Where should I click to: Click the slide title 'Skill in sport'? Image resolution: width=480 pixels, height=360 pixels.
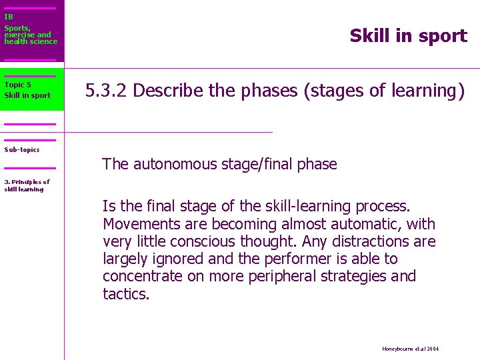[408, 36]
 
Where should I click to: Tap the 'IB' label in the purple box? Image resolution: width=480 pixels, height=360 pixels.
[9, 17]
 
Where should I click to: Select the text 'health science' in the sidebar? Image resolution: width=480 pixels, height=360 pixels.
[31, 42]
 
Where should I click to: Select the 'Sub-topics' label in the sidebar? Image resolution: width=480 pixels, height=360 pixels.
[22, 150]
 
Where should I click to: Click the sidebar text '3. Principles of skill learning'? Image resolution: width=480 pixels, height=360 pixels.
[27, 185]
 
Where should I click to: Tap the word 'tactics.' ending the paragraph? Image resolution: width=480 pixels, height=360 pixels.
[126, 293]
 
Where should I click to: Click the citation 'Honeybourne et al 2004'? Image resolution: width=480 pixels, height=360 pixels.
[411, 349]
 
